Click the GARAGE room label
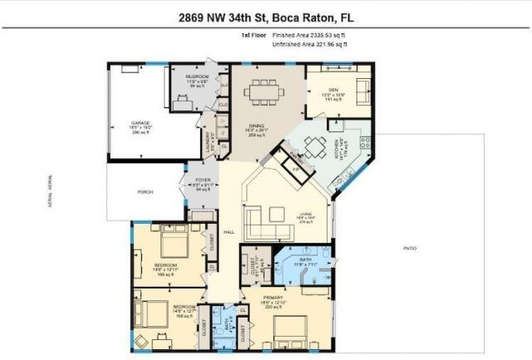pos(140,123)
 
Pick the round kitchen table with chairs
pos(314,147)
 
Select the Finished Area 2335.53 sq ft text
pos(309,36)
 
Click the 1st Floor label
pos(253,36)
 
